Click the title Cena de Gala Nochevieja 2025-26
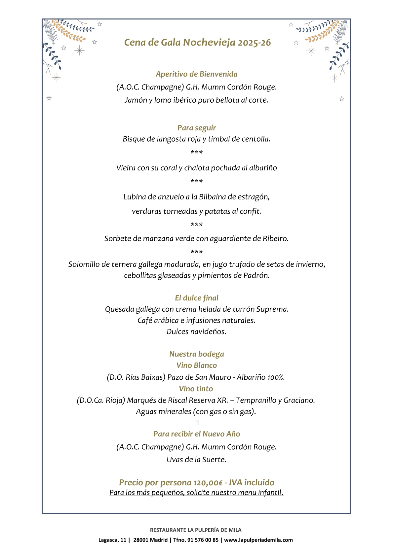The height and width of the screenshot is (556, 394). [x=197, y=43]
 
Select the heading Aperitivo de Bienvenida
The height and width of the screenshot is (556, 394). [x=197, y=74]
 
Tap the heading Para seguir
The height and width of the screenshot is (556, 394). [x=197, y=128]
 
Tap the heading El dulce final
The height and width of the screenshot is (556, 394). [x=197, y=298]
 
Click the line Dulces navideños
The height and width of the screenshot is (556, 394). [x=197, y=332]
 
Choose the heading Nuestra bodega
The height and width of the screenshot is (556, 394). [x=197, y=354]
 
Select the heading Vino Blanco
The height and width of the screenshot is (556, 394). [x=197, y=365]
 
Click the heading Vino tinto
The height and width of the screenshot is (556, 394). [x=196, y=389]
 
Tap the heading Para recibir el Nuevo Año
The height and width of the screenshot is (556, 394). [x=197, y=434]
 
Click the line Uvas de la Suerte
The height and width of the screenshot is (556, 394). [x=197, y=460]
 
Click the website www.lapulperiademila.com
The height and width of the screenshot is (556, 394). [x=258, y=540]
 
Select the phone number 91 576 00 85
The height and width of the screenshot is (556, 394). [x=203, y=540]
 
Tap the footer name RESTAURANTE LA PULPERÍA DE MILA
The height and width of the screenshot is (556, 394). [x=196, y=530]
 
